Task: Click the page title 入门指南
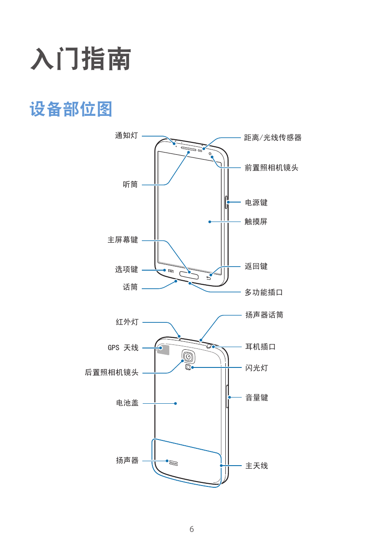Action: pos(81,59)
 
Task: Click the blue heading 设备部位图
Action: pos(71,109)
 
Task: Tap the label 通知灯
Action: pos(126,135)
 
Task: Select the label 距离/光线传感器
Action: pos(273,138)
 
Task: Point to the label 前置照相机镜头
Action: pos(271,168)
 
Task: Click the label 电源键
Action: pos(256,203)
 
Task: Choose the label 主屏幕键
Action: pos(123,240)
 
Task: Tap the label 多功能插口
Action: pos(264,292)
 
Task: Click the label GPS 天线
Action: pos(123,348)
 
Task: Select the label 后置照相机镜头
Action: pos(112,372)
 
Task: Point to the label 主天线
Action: pos(257,466)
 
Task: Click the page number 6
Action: pos(192,529)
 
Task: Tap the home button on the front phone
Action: pos(189,275)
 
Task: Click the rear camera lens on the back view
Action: pos(188,356)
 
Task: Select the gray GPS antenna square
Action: pos(163,350)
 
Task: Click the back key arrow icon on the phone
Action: pos(209,278)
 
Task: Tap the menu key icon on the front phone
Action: pos(171,271)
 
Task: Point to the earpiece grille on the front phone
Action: pos(189,149)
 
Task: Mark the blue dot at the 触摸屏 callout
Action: pos(210,222)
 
